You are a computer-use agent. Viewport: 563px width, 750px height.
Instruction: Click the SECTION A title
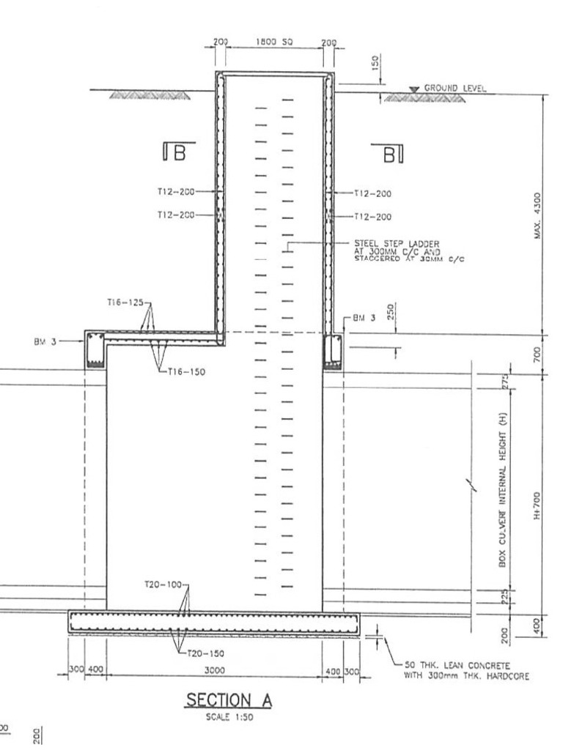pyautogui.click(x=229, y=700)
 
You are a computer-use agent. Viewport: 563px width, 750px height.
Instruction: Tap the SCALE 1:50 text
pyautogui.click(x=229, y=718)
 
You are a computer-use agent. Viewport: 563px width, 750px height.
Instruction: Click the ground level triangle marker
pyautogui.click(x=414, y=89)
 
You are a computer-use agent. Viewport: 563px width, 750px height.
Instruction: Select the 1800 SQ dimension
pyautogui.click(x=275, y=43)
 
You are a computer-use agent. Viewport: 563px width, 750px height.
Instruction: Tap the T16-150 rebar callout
pyautogui.click(x=186, y=371)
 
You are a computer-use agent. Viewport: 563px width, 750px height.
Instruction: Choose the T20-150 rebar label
pyautogui.click(x=205, y=653)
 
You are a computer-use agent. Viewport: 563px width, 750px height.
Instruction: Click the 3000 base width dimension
pyautogui.click(x=214, y=669)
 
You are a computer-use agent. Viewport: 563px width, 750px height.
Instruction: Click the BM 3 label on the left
pyautogui.click(x=47, y=341)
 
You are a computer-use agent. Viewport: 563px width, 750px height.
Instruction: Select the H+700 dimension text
pyautogui.click(x=537, y=505)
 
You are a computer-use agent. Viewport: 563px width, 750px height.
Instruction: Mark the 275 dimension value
pyautogui.click(x=505, y=382)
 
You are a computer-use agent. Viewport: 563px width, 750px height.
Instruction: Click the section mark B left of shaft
pyautogui.click(x=174, y=152)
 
